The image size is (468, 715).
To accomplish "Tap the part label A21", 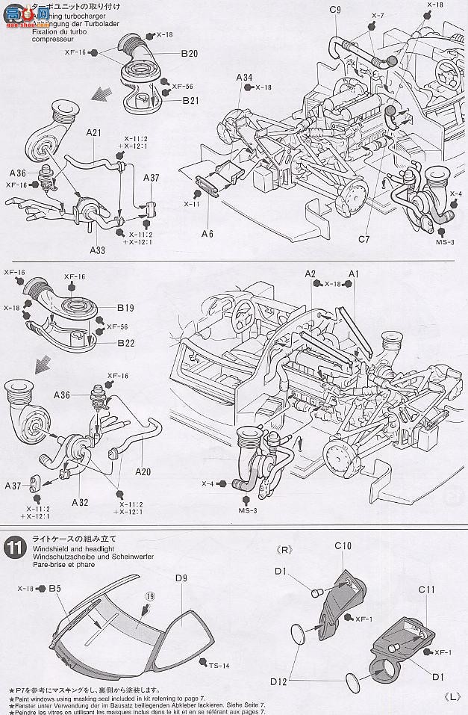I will (93, 132).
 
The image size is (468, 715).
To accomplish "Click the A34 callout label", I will (244, 77).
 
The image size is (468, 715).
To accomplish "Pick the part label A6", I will (207, 234).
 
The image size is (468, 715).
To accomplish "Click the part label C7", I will (364, 239).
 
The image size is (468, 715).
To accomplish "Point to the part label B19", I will (126, 307).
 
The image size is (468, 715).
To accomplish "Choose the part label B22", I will (126, 343).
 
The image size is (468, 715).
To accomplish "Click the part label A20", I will (145, 471).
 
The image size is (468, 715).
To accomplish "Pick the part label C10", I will (343, 546).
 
